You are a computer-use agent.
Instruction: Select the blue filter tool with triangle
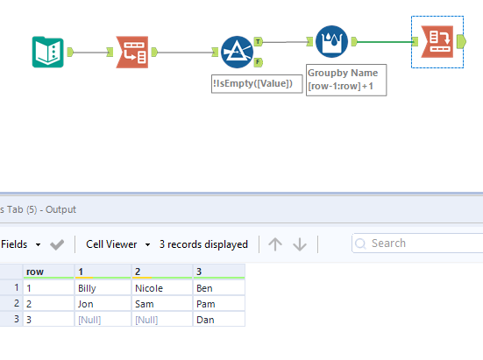(237, 52)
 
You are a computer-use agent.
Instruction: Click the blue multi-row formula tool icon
(331, 40)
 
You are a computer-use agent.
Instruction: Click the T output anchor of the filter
(258, 40)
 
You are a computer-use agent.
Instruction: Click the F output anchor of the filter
(258, 62)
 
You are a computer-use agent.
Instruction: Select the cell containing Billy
(103, 287)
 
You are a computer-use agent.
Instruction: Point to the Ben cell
(217, 287)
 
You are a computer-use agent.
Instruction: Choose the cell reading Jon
(103, 303)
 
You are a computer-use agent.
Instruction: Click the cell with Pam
(217, 303)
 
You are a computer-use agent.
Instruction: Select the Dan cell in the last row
(217, 319)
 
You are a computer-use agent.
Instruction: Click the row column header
(47, 272)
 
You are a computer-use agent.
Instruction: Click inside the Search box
(421, 244)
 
